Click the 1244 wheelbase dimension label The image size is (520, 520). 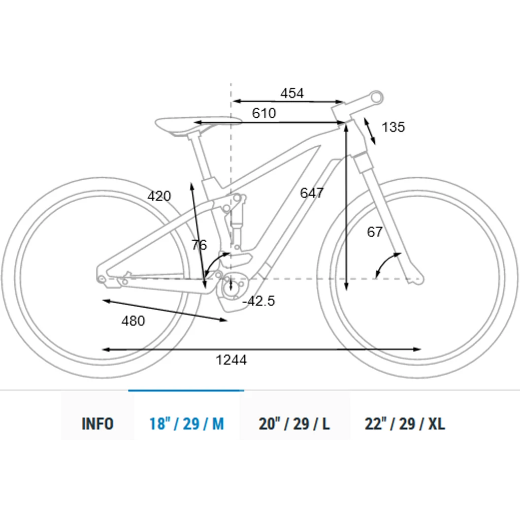click(x=231, y=360)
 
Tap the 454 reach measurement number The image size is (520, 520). click(x=292, y=93)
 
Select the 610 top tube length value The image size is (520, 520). click(x=264, y=113)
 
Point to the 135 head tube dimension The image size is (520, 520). click(x=394, y=127)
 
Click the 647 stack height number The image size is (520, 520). click(x=312, y=192)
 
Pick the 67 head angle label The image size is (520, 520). click(x=375, y=232)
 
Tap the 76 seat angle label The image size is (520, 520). click(x=199, y=245)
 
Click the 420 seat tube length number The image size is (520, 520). click(x=159, y=196)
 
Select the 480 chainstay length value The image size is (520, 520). click(x=133, y=321)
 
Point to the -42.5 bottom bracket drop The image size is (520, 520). click(x=258, y=301)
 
